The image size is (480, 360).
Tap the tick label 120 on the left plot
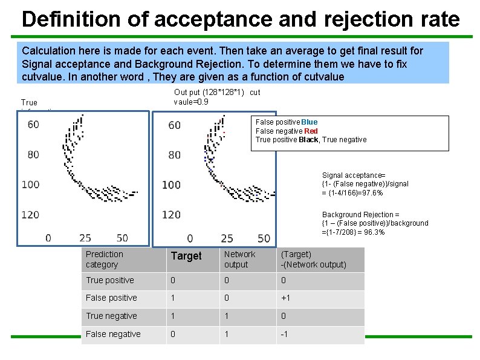click(x=30, y=214)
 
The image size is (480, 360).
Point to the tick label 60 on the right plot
click(x=174, y=125)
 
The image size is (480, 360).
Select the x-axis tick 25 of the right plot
click(x=227, y=238)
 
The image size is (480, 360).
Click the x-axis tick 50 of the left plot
click(x=122, y=238)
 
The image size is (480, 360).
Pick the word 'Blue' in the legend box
click(x=309, y=122)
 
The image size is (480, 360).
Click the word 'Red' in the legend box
click(x=311, y=131)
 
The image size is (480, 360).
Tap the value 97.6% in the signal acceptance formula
click(x=371, y=193)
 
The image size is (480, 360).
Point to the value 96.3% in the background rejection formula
click(x=372, y=232)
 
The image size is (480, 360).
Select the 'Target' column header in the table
click(x=186, y=256)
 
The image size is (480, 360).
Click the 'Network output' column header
click(x=239, y=260)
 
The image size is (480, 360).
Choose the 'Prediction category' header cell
click(x=105, y=260)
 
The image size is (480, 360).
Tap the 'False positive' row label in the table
click(x=111, y=298)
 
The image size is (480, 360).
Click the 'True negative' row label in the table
click(x=111, y=316)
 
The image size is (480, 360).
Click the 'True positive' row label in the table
click(x=109, y=280)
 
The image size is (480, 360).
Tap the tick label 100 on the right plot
click(x=172, y=185)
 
